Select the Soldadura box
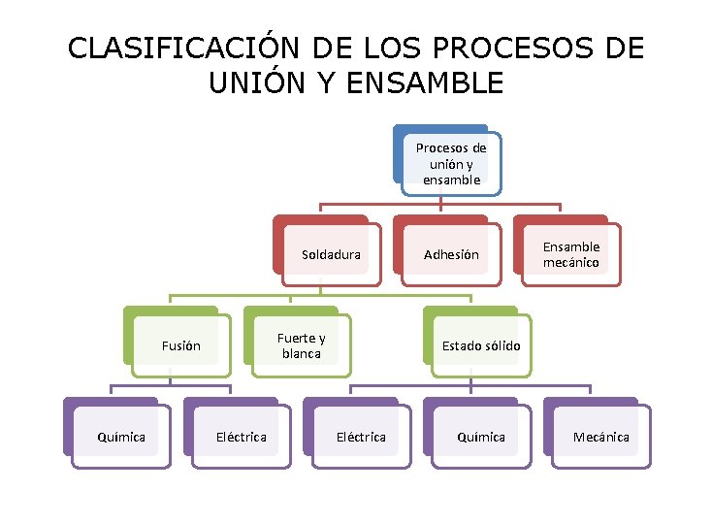[331, 255]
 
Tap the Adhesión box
[451, 255]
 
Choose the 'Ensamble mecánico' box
[571, 255]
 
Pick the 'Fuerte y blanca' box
[301, 345]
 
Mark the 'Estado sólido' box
[481, 345]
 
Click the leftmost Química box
[121, 437]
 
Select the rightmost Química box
[481, 437]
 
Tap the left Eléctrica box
[241, 437]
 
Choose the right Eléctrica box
[361, 437]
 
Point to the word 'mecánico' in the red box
[571, 263]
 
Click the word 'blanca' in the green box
[301, 354]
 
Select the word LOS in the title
[399, 49]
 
